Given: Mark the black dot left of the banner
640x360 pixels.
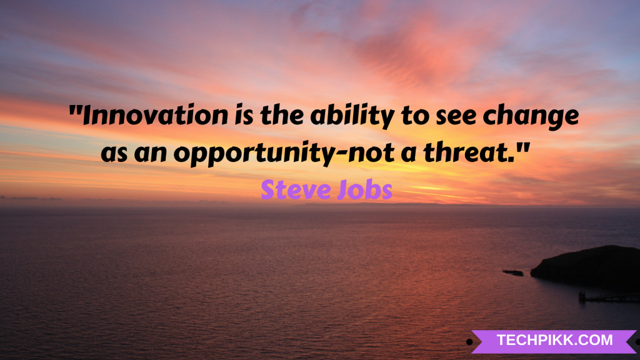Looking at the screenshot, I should pyautogui.click(x=469, y=342).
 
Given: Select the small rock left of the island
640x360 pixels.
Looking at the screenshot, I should pyautogui.click(x=513, y=272).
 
